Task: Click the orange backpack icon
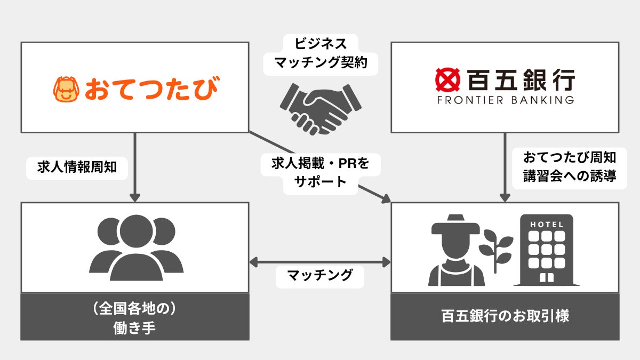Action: [x=66, y=89]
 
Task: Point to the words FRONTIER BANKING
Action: [x=505, y=100]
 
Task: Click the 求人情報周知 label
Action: [x=77, y=167]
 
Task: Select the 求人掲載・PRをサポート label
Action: [x=320, y=172]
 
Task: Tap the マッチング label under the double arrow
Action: [x=320, y=276]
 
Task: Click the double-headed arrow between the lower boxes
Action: [x=320, y=262]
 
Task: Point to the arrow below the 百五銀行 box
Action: [x=505, y=167]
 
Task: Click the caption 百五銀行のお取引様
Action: [x=505, y=316]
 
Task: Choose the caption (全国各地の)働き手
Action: [x=135, y=318]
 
